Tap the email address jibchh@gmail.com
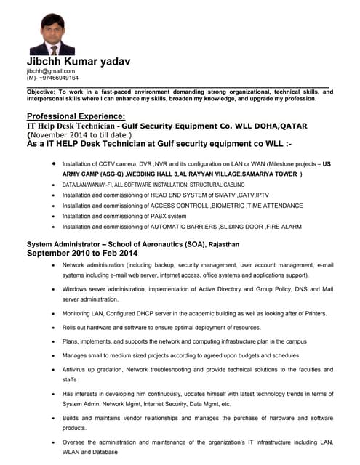51,71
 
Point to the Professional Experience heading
76,116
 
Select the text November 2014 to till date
80,134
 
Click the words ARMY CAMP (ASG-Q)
94,174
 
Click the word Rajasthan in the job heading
225,244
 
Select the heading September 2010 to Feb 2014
81,254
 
